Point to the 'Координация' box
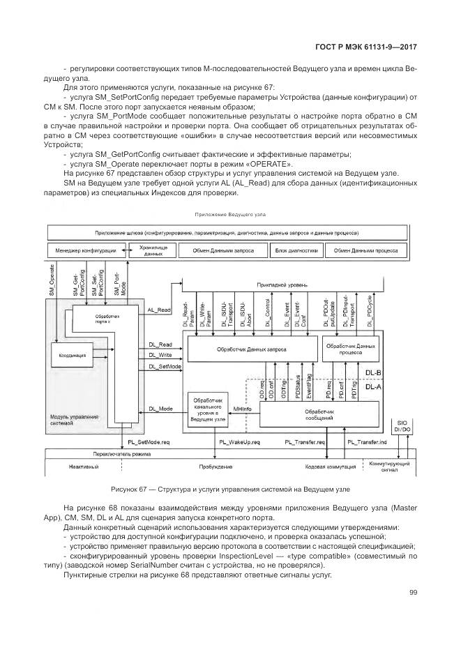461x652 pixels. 73,355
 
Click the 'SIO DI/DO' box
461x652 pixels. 402,425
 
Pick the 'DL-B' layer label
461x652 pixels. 373,373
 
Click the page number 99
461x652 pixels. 413,592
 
